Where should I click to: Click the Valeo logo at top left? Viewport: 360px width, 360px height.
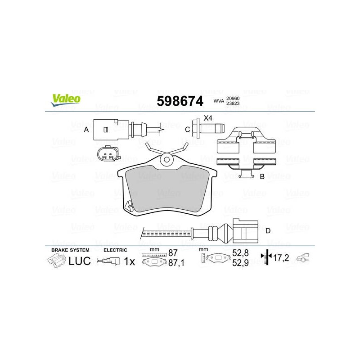coord(66,100)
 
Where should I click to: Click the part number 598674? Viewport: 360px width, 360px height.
coord(180,101)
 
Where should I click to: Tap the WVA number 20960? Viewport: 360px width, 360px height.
coord(233,99)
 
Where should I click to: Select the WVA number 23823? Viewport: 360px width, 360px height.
coord(233,103)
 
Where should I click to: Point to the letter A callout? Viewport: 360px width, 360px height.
coord(86,130)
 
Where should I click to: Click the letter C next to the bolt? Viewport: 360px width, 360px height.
coord(187,130)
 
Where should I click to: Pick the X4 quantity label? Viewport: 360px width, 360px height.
coord(208,118)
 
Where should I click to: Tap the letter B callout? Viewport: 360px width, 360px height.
coord(262,176)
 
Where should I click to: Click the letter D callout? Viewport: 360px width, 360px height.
coord(268,231)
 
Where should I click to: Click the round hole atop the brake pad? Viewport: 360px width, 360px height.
coord(166,160)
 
